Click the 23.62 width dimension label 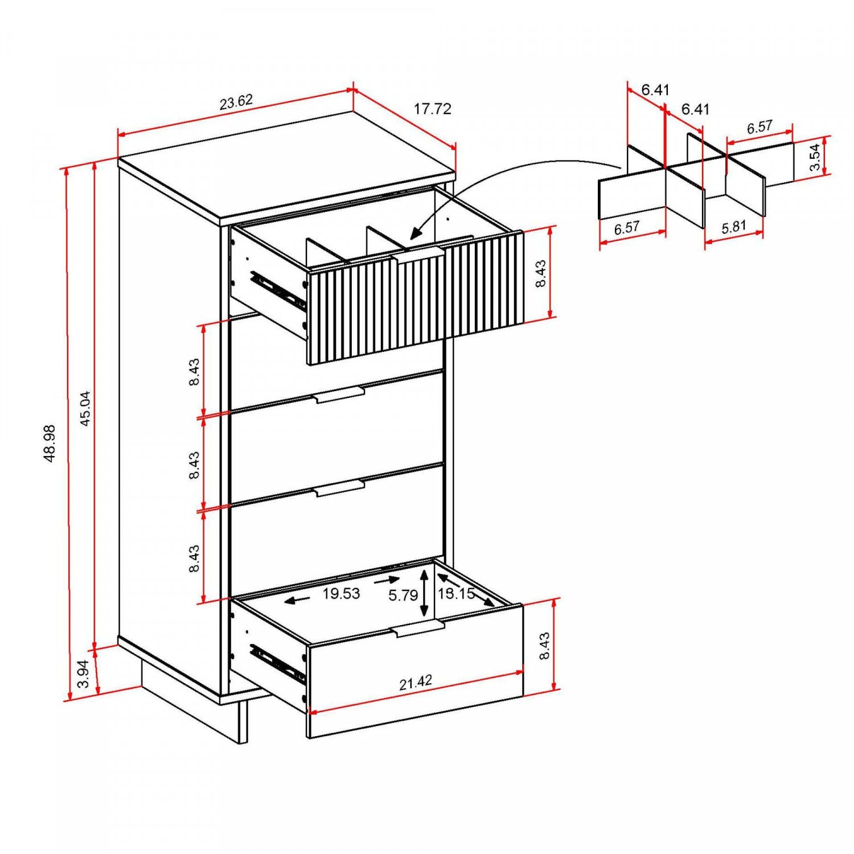point(236,102)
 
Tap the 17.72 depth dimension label point(432,109)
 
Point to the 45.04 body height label point(85,408)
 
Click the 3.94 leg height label point(83,674)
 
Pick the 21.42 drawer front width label point(415,683)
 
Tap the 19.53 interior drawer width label point(341,594)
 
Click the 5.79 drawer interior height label point(403,596)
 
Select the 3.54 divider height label point(815,157)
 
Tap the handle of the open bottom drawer point(418,629)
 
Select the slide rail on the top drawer point(278,291)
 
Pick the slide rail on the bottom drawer point(278,663)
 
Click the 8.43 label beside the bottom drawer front point(544,646)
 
